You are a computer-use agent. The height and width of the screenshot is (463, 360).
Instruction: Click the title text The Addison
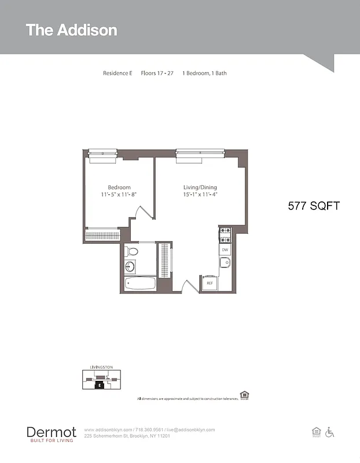coord(71,30)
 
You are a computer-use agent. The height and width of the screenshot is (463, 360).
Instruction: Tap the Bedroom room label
coord(119,188)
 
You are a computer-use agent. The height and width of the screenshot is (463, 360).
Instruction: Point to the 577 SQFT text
coord(314,206)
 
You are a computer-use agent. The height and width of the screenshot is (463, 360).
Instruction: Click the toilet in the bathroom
coord(133,252)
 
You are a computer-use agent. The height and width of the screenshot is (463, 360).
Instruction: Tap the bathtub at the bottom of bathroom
coord(141,284)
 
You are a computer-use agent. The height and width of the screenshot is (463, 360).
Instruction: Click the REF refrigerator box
coord(209,284)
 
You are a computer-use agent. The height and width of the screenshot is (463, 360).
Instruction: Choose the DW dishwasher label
coord(225,250)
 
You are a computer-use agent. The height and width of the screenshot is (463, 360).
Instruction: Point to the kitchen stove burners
coord(225,235)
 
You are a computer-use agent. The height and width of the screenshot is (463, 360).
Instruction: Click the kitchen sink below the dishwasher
coord(225,263)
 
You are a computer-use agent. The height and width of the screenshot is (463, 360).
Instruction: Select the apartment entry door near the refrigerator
coord(190,286)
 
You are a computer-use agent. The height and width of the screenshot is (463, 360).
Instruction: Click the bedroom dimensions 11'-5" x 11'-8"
coord(119,195)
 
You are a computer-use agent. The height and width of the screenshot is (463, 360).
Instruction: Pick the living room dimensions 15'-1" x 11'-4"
coord(200,195)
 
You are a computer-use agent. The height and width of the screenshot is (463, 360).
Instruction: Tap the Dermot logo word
coord(51,432)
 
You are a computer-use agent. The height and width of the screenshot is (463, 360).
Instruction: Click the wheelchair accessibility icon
coord(330,432)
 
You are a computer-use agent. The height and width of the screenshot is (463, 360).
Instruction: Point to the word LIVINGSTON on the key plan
coord(101,367)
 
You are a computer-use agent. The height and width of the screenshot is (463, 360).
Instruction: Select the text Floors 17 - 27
coord(157,74)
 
